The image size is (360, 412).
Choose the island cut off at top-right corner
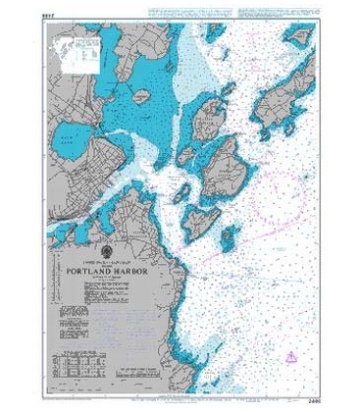click(x=299, y=34)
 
